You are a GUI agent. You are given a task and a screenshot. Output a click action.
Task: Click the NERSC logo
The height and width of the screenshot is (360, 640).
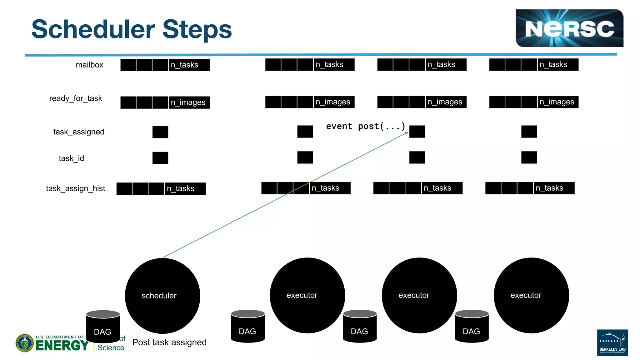tap(569, 28)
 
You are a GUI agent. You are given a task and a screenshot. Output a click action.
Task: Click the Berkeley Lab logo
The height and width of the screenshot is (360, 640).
tap(612, 342)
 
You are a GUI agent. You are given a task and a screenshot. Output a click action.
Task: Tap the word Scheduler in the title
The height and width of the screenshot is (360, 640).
tap(93, 29)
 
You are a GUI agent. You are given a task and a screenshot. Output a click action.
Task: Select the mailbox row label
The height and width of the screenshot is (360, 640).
tap(89, 65)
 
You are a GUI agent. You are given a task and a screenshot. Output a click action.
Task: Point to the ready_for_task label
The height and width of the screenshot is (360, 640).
tap(76, 98)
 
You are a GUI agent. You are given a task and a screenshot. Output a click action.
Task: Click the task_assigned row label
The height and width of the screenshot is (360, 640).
tap(79, 132)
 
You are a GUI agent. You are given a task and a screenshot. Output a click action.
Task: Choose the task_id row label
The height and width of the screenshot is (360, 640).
tap(71, 158)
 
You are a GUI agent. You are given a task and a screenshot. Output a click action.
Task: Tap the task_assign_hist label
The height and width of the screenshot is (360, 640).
tap(75, 188)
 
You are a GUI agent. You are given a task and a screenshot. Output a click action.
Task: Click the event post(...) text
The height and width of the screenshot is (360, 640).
tap(365, 126)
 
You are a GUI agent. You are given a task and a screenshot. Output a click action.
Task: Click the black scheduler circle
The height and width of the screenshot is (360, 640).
tap(162, 296)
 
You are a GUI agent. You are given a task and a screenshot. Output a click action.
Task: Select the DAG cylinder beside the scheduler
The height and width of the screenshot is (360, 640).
tap(103, 327)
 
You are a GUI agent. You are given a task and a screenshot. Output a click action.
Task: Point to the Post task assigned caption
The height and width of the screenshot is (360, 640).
tap(169, 342)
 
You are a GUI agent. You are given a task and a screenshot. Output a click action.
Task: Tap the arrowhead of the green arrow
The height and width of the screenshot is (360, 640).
tap(407, 133)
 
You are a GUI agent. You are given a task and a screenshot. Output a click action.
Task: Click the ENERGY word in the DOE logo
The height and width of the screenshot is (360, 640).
tap(62, 346)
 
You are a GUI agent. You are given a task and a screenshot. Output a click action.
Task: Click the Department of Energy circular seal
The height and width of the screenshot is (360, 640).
tap(24, 343)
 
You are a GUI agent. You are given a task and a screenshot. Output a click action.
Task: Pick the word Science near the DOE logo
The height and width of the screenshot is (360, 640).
tap(111, 348)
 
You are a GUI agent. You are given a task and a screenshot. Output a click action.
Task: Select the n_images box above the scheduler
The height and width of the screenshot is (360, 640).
tap(188, 102)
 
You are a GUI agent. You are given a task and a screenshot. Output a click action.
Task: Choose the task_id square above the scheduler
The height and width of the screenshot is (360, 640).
tap(160, 158)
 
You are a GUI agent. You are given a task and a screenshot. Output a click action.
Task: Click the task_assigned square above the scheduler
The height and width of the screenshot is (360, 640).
tap(160, 132)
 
